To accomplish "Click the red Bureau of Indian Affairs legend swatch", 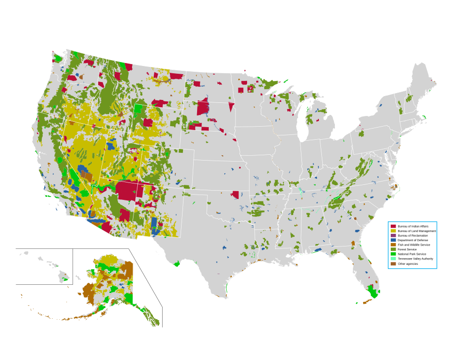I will [393, 226].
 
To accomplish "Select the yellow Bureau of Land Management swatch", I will [393, 231].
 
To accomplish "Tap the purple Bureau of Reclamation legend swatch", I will [393, 235].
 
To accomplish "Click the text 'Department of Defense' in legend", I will [413, 240].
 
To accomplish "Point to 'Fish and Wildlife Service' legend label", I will [414, 245].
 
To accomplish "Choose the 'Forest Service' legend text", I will [407, 249].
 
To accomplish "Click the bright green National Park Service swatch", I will [393, 254].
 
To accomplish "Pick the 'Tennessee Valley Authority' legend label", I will [415, 259].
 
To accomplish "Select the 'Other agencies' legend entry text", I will [408, 263].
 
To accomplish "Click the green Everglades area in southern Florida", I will [373, 293].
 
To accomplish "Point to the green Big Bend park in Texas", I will [177, 263].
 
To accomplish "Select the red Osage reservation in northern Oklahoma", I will [236, 195].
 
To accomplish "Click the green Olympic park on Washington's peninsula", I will [57, 59].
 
